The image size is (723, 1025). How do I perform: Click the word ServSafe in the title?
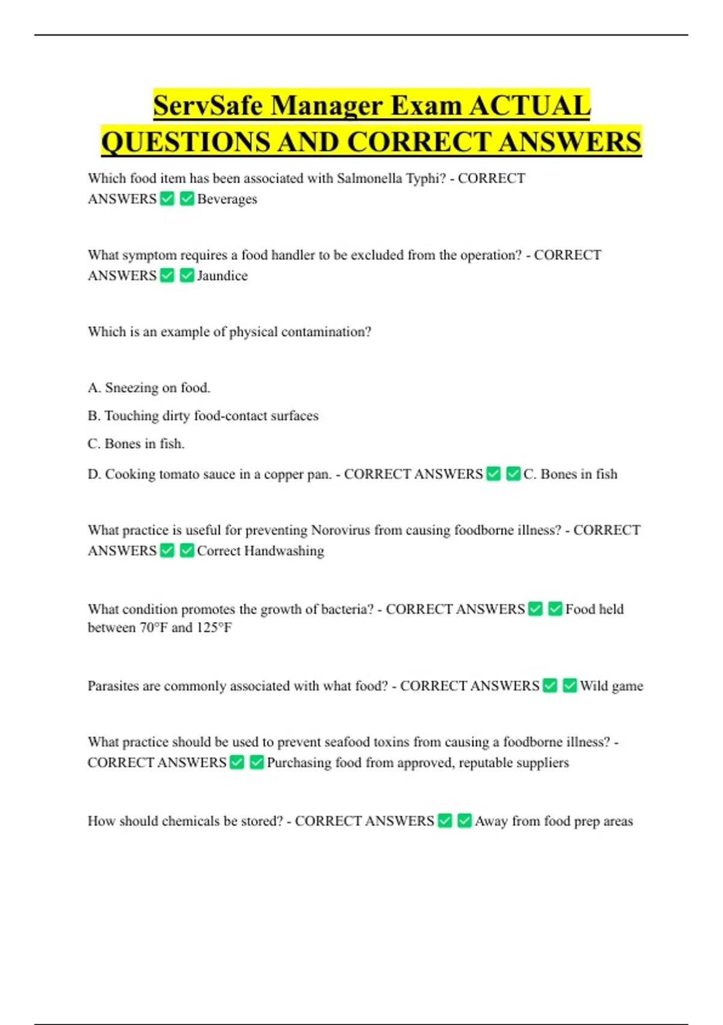pyautogui.click(x=208, y=106)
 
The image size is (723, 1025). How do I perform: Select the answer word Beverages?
pyautogui.click(x=227, y=199)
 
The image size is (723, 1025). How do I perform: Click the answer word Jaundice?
pyautogui.click(x=222, y=276)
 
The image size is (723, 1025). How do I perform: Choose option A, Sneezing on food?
pyautogui.click(x=149, y=388)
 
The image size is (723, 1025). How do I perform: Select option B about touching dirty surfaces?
pyautogui.click(x=203, y=415)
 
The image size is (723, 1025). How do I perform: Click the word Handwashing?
pyautogui.click(x=284, y=550)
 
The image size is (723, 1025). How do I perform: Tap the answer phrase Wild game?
pyautogui.click(x=612, y=686)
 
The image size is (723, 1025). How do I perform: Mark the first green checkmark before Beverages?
pyautogui.click(x=167, y=198)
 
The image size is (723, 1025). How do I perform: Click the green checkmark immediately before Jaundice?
pyautogui.click(x=187, y=276)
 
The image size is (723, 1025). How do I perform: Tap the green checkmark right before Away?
pyautogui.click(x=465, y=821)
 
